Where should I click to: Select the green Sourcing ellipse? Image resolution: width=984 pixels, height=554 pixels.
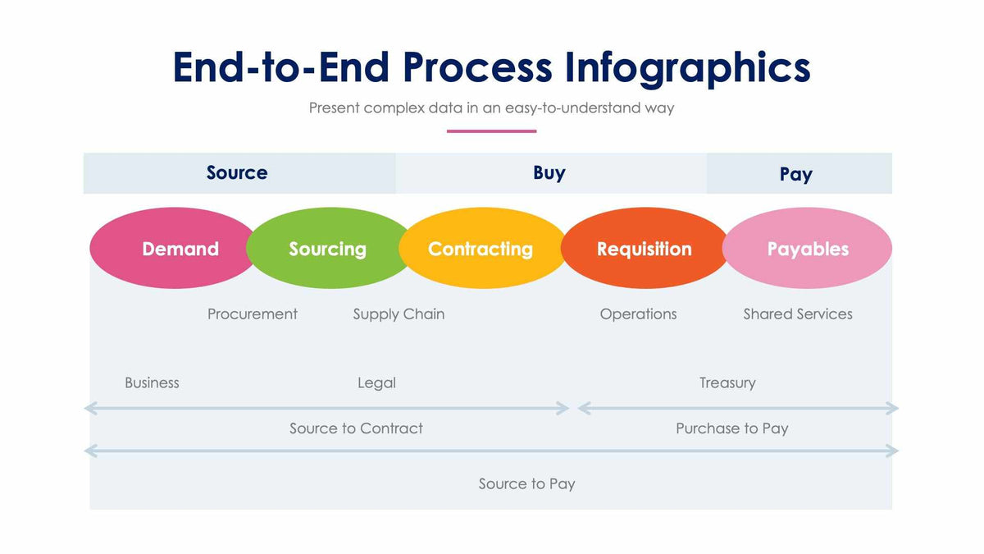click(327, 249)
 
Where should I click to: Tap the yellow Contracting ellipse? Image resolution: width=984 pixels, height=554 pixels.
click(481, 249)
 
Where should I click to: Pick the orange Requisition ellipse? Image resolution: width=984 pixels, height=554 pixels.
click(644, 249)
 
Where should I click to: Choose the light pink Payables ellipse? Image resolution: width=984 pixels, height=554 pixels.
click(808, 249)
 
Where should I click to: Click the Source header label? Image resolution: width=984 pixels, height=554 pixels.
click(237, 173)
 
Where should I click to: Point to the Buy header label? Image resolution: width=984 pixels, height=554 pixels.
click(549, 173)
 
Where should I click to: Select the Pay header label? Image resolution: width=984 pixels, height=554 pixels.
click(795, 174)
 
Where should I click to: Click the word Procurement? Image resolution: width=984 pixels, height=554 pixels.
click(252, 314)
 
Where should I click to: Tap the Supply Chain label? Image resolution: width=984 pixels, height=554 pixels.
click(399, 314)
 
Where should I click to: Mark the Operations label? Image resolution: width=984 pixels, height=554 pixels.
click(638, 314)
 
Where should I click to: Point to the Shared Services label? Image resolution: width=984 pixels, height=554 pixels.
click(798, 314)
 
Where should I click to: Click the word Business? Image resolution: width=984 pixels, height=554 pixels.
click(152, 383)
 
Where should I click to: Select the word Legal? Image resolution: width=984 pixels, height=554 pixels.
click(376, 383)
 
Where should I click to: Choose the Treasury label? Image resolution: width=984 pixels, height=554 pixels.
click(727, 383)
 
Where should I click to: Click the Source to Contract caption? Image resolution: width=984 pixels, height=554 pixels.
click(356, 428)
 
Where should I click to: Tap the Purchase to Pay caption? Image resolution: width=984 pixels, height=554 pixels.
click(731, 428)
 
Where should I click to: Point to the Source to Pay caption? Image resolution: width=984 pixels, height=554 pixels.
click(526, 484)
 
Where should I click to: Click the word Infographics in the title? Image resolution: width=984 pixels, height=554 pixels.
click(687, 67)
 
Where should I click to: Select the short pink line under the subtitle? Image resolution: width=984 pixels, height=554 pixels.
click(491, 131)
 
